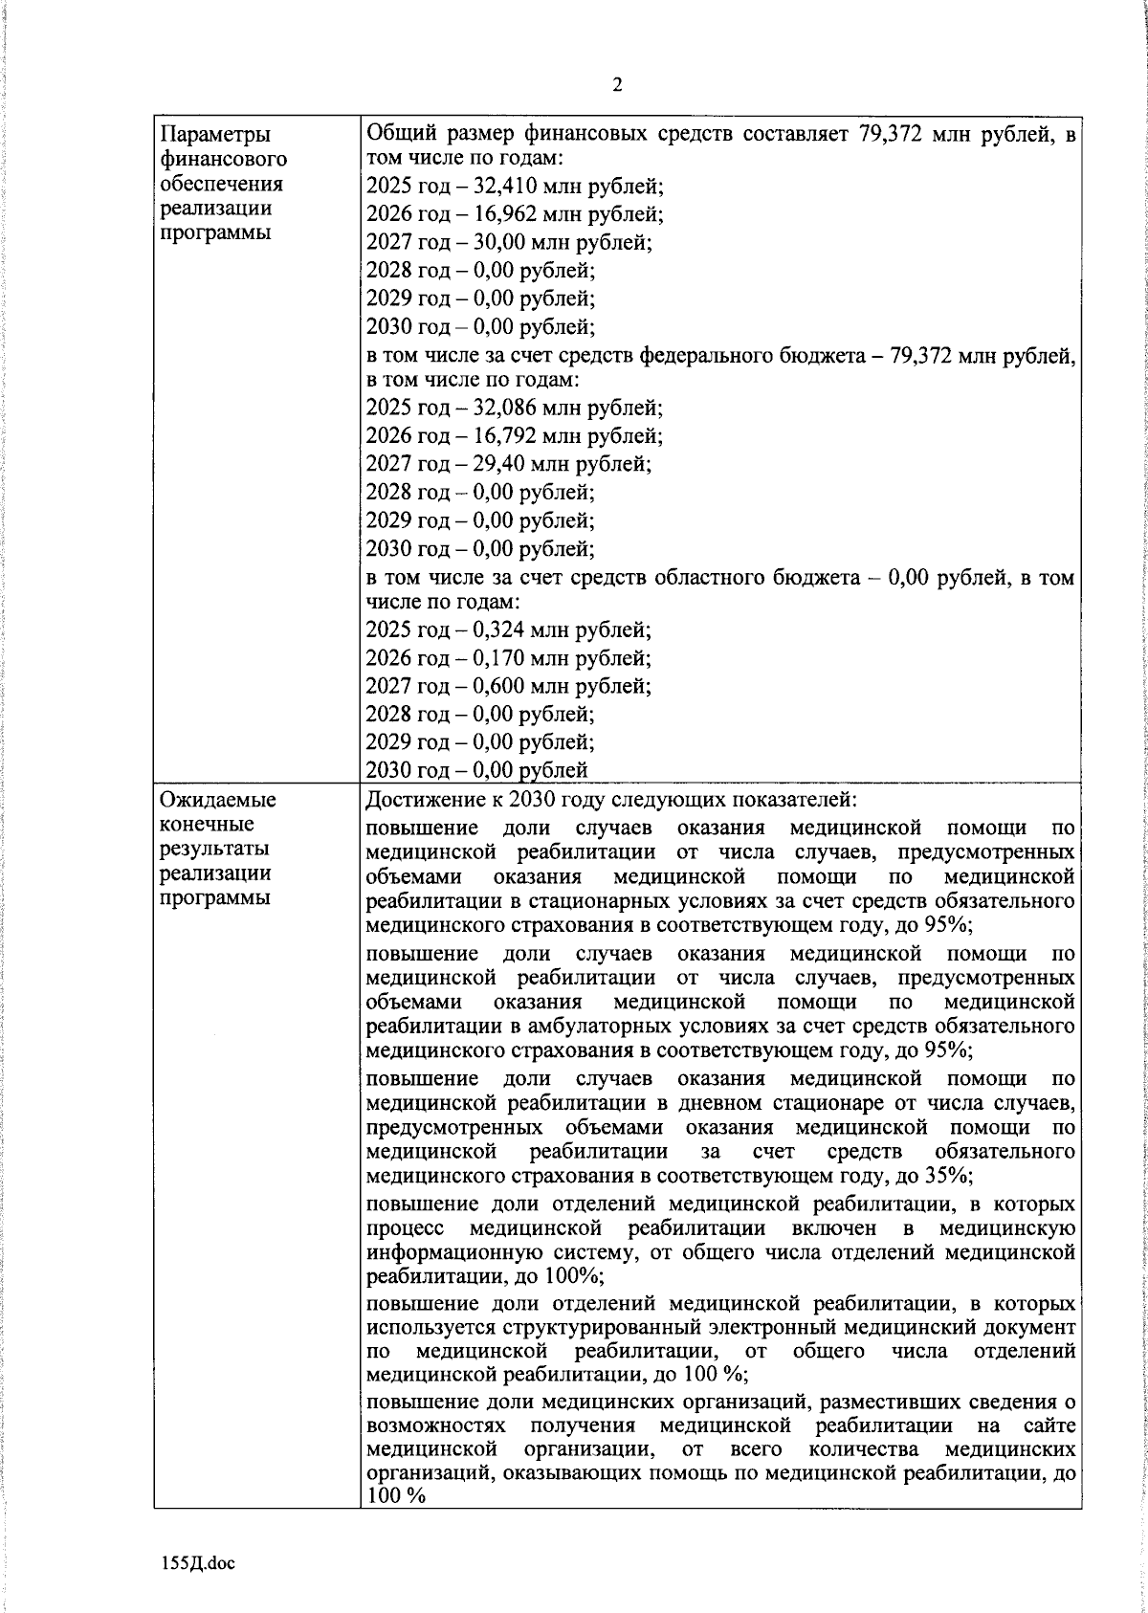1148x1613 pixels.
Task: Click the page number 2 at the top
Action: click(617, 86)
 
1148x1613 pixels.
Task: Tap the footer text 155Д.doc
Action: click(197, 1563)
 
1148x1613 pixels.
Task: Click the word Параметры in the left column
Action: click(214, 135)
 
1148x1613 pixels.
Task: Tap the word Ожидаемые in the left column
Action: click(217, 800)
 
